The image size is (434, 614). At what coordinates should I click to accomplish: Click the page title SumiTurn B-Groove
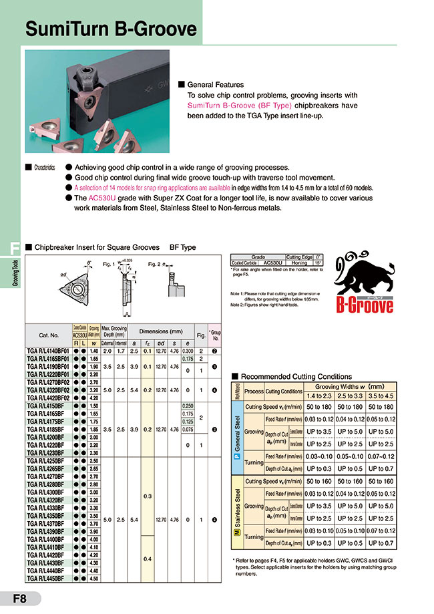[110, 29]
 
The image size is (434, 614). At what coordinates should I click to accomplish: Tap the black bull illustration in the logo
[366, 275]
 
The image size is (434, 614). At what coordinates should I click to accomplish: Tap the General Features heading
[215, 85]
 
